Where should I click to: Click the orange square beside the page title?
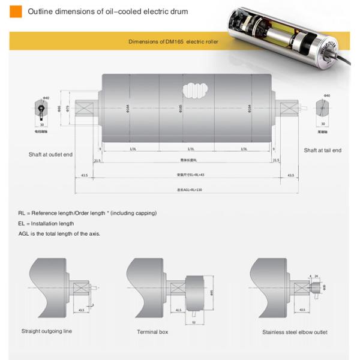tap(16, 11)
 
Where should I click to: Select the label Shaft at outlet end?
tap(50, 155)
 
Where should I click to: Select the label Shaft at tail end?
tap(322, 150)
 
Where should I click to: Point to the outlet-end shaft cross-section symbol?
tap(41, 109)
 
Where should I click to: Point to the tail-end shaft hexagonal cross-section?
tap(323, 109)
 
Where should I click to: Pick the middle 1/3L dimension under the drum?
tap(190, 149)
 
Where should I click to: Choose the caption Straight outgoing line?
tap(46, 331)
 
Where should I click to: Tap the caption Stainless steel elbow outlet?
tap(295, 331)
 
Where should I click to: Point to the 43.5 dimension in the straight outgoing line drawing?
tap(82, 310)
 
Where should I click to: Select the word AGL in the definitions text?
tap(25, 233)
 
